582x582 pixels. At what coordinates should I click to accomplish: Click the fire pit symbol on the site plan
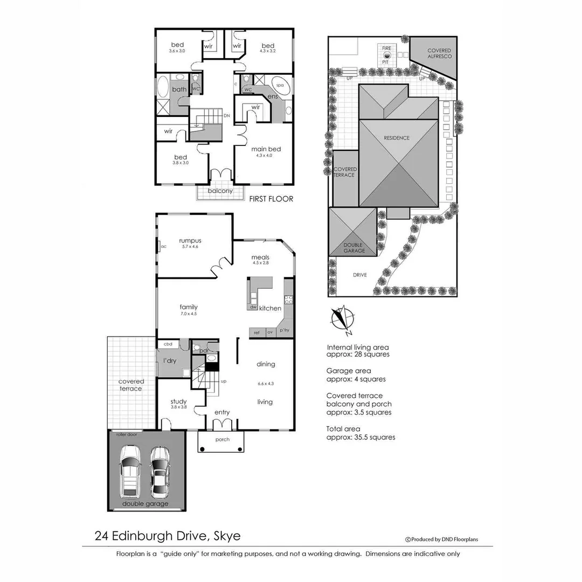coord(386,55)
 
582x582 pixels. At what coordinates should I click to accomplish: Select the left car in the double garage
coord(130,471)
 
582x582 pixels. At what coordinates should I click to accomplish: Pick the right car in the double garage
coord(160,472)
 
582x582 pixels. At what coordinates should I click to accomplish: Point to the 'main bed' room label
coord(266,149)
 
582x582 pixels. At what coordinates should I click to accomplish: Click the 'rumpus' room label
coord(190,241)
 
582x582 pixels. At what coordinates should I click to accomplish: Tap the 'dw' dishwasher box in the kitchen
coord(253,307)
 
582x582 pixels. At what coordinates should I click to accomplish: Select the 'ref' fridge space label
coord(257,333)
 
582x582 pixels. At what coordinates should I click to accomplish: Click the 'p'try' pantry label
coord(284,330)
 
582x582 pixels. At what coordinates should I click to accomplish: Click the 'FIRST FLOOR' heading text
coord(271,199)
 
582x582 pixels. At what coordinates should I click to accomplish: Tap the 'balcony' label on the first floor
coord(220,191)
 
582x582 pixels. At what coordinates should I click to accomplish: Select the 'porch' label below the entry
coord(222,439)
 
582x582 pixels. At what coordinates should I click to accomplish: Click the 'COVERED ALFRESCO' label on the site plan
coord(439,53)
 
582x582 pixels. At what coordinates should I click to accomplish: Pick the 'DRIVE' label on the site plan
coord(359,275)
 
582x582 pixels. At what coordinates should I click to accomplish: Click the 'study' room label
coord(178,401)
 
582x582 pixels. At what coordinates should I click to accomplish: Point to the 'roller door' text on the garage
coord(128,433)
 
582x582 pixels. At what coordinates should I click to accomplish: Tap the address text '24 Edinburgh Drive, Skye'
coord(168,536)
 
